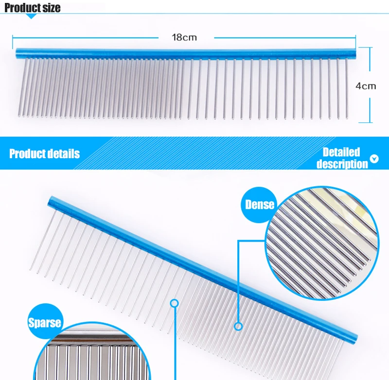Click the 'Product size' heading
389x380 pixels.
pyautogui.click(x=33, y=8)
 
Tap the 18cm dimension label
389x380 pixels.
pyautogui.click(x=184, y=37)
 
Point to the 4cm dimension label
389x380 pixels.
pyautogui.click(x=366, y=86)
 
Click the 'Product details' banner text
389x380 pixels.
pyautogui.click(x=44, y=154)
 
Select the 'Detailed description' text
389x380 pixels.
pyautogui.click(x=342, y=158)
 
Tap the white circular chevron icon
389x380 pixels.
pyautogui.click(x=374, y=159)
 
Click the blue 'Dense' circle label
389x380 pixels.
pyautogui.click(x=260, y=205)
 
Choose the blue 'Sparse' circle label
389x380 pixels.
pyautogui.click(x=44, y=323)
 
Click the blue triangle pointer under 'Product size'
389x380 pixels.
pyautogui.click(x=32, y=16)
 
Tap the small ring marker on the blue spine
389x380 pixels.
pyautogui.click(x=238, y=326)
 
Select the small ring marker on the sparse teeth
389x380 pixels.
pyautogui.click(x=175, y=304)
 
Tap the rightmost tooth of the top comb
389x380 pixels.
pyautogui.click(x=347, y=88)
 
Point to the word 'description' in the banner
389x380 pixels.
pyautogui.click(x=342, y=164)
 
